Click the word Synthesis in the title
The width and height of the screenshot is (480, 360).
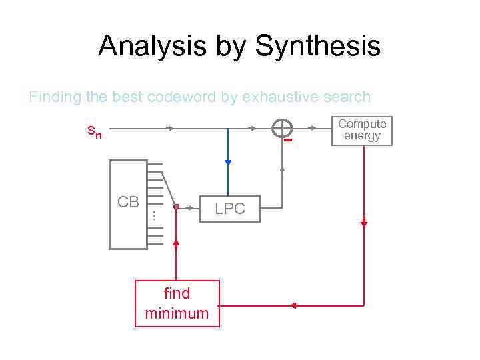coord(317,47)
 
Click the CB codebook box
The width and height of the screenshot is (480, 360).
coord(128,205)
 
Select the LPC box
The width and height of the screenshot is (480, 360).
coord(230,209)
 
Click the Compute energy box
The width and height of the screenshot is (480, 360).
coord(362,130)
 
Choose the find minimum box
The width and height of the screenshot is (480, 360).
coord(177,304)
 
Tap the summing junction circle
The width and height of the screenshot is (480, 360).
coord(283,129)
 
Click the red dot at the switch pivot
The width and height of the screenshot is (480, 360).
coord(176,207)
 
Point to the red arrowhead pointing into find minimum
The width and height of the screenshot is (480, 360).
coord(292,305)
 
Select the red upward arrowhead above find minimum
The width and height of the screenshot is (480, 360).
coord(176,243)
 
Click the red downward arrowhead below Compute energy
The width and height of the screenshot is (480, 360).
coord(364,225)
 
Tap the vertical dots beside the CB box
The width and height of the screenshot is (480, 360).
coord(153,215)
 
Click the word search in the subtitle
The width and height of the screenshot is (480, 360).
coord(347,97)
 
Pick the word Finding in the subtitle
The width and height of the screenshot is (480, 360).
coord(55,97)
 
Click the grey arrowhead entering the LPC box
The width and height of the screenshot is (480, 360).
coord(199,207)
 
